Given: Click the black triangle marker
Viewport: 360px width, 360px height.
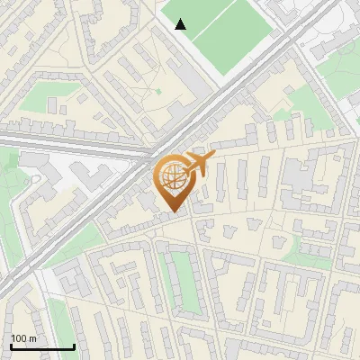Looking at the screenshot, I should [181, 24].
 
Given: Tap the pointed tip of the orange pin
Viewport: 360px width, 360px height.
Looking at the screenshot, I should [175, 212].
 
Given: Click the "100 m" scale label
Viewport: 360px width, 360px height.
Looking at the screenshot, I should [23, 338].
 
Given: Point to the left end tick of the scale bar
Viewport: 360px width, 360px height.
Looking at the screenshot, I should [12, 346].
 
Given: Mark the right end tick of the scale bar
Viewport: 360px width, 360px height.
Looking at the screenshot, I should [74, 346].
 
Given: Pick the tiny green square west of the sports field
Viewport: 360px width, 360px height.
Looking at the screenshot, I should [159, 90].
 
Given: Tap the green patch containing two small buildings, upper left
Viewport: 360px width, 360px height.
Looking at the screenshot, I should [40, 99].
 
